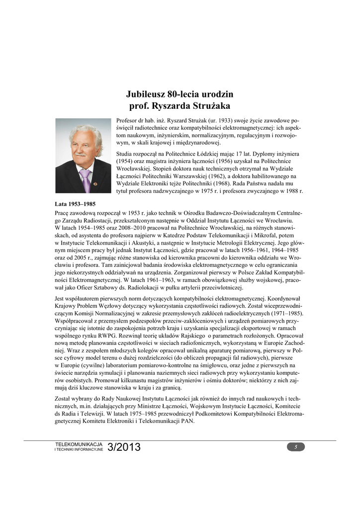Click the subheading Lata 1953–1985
pyautogui.click(x=75, y=204)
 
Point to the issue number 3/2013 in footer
pyautogui.click(x=124, y=447)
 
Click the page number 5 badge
pyautogui.click(x=296, y=447)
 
